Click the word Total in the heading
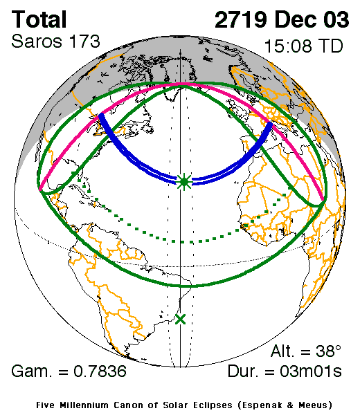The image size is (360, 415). (39, 19)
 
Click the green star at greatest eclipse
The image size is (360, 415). (183, 182)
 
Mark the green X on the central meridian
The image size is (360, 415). (181, 319)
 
